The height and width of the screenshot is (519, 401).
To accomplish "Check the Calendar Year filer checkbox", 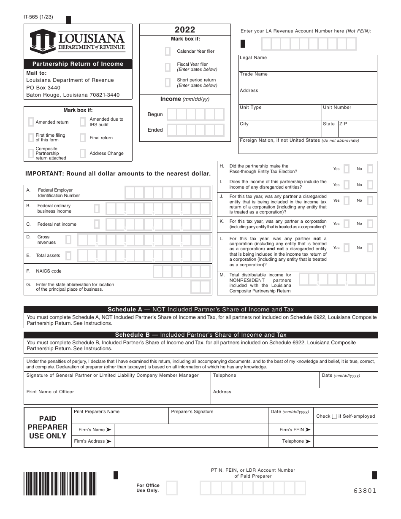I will coord(168,51).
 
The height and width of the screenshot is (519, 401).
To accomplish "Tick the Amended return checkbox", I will coord(31,122).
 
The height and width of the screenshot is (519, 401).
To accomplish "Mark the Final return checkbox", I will coord(83,138).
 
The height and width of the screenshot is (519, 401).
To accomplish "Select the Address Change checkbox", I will coord(83,153).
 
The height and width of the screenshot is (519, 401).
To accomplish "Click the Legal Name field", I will coord(308,65).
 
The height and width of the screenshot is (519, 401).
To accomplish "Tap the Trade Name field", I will coord(308,81).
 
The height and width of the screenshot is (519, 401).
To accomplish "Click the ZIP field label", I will coord(343,124).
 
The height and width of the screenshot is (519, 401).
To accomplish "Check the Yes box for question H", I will coord(347,169).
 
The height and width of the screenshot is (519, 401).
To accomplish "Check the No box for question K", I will coord(370,224).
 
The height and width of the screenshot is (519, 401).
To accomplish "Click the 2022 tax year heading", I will coord(185,30).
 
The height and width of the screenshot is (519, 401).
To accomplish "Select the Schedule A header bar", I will coord(200,309).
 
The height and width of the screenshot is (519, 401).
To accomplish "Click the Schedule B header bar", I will coord(200,335).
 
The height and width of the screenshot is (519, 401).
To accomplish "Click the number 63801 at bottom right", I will coord(365,490).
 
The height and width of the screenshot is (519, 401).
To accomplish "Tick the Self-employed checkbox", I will coord(334,416).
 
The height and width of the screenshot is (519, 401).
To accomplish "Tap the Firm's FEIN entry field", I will coord(346,430).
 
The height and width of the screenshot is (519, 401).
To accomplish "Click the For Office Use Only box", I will coord(172,488).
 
